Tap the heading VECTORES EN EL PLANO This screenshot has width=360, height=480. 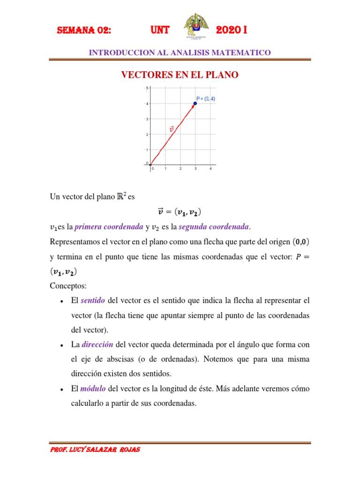(180, 75)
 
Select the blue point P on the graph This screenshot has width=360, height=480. (195, 103)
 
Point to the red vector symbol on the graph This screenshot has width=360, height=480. (171, 128)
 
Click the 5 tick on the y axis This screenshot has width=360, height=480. (147, 88)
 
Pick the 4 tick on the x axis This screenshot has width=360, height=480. (210, 169)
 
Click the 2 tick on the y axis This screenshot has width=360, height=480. (147, 135)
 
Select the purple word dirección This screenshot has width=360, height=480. (97, 345)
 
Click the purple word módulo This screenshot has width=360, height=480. (93, 389)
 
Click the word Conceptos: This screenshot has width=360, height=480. (68, 285)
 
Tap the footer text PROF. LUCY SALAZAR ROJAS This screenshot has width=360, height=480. (95, 450)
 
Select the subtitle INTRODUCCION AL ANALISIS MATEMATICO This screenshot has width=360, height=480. (180, 53)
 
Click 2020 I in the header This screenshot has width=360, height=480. (232, 31)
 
